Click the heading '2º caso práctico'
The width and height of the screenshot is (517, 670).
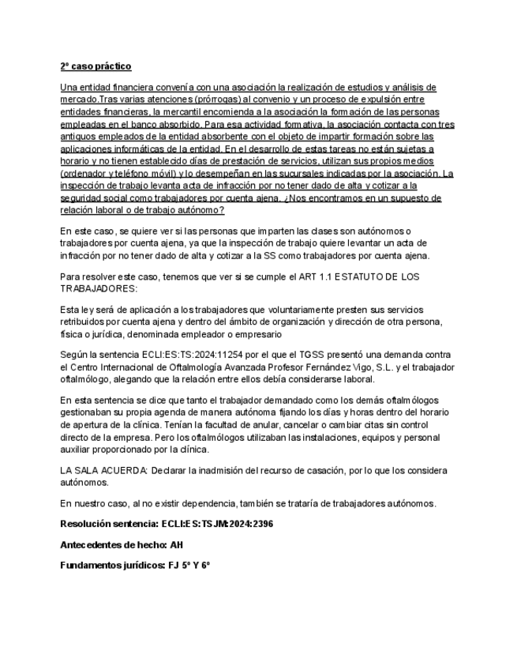(x=96, y=66)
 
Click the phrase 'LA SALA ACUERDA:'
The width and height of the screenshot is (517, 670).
(x=98, y=472)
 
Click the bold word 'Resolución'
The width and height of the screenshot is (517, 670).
(x=86, y=524)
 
